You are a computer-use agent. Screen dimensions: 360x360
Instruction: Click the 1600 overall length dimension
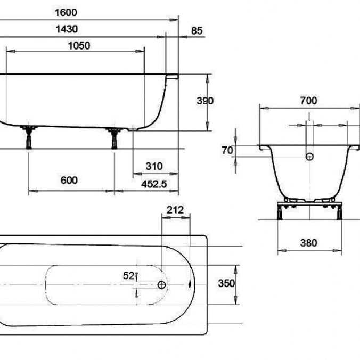[66, 12]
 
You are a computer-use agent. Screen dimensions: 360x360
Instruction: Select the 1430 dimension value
[67, 29]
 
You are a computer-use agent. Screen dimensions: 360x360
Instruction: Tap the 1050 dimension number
[79, 46]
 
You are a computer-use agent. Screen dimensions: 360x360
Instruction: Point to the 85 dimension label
[197, 31]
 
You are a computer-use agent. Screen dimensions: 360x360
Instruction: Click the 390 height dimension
[205, 101]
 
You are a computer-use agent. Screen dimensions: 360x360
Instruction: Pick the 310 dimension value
[154, 166]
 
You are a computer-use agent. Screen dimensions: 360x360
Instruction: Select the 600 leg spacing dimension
[69, 180]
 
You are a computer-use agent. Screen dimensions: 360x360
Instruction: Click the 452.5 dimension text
[154, 184]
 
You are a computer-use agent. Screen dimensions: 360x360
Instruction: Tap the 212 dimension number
[175, 210]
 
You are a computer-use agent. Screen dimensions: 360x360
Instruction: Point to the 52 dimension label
[128, 276]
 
